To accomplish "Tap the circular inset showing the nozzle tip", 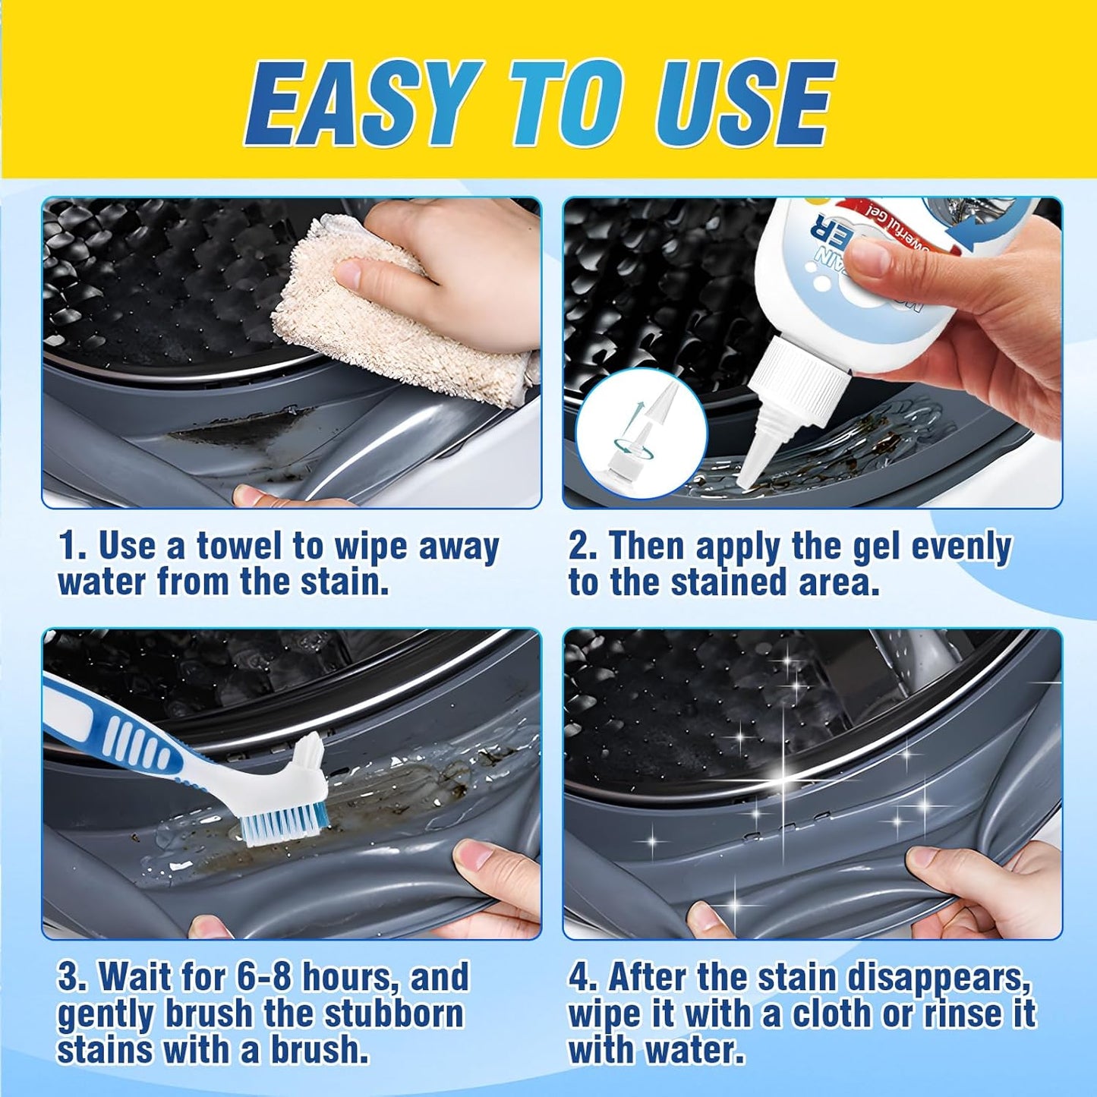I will click(x=641, y=433).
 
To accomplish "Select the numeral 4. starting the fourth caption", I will click(x=583, y=977).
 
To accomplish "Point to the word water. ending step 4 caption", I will click(x=694, y=1050).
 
